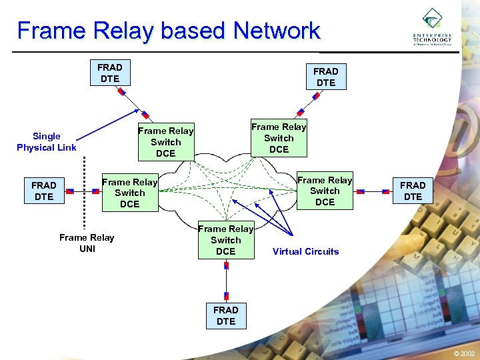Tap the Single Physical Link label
point(47,141)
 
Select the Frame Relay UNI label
point(87,243)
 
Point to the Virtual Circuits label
point(305,251)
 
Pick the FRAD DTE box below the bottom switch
point(226,315)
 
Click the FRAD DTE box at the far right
point(413,191)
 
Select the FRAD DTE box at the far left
point(44,191)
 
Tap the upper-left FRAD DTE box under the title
point(110,73)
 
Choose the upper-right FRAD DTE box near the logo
point(326,77)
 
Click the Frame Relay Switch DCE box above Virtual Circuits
point(226,240)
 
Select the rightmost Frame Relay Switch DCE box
point(325,191)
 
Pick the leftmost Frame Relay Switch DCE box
point(129,193)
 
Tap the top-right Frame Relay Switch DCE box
point(279,138)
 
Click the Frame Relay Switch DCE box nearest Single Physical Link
point(165,142)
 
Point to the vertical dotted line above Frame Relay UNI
point(85,189)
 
